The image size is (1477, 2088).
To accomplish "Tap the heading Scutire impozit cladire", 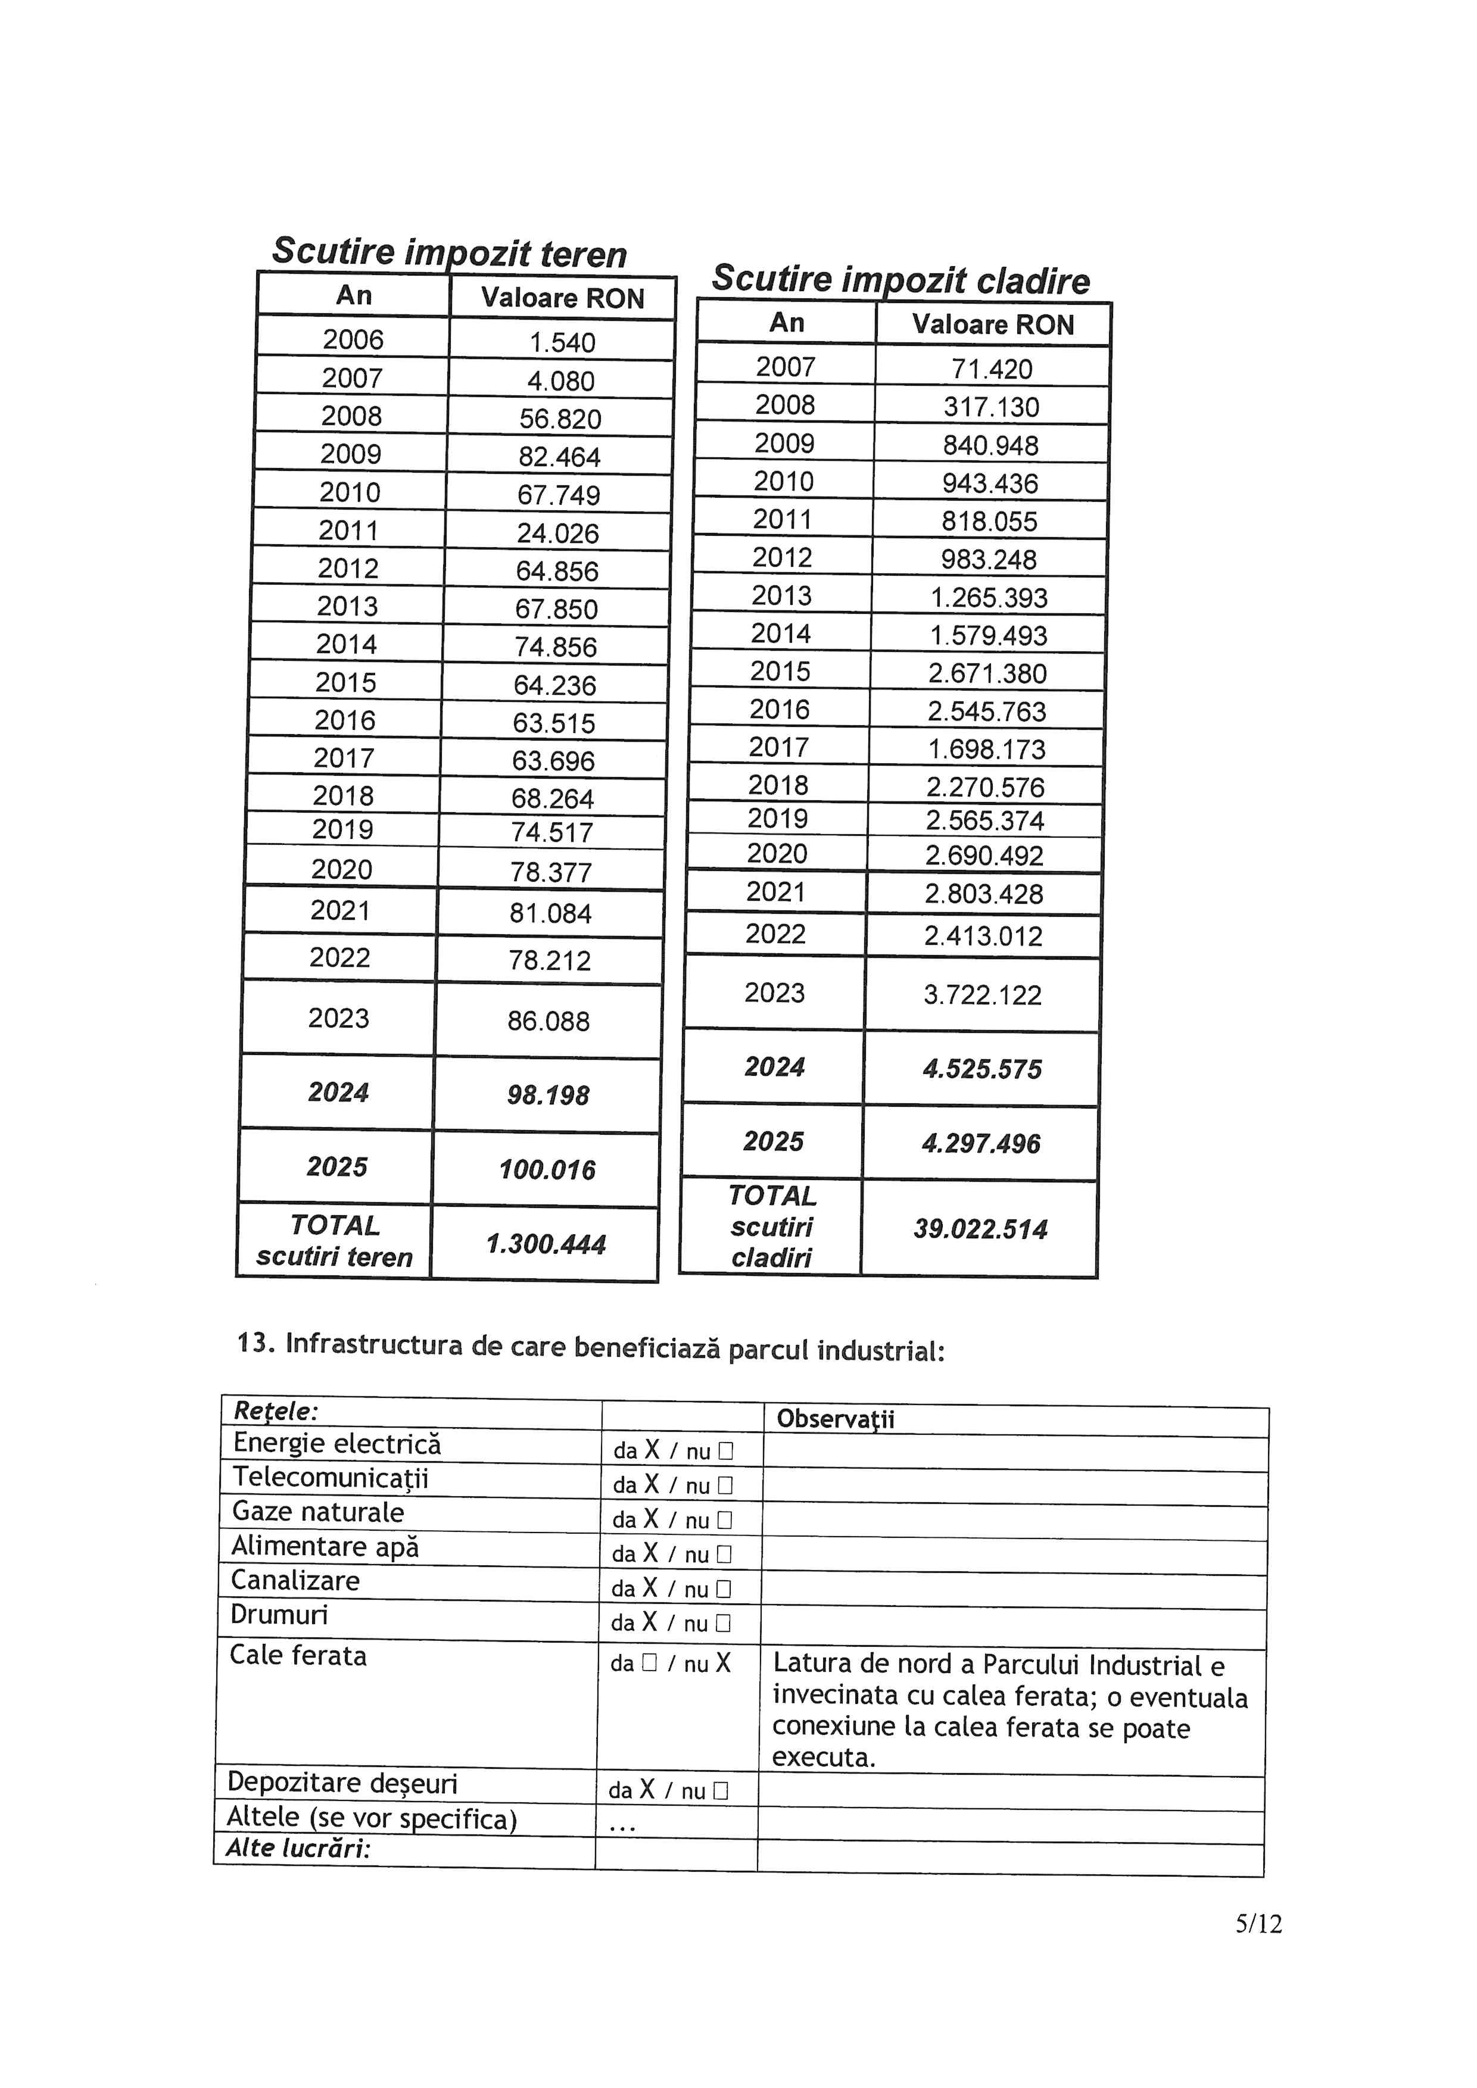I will [900, 279].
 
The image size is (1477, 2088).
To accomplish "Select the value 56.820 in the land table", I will [560, 419].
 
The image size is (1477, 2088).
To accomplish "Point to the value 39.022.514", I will [980, 1229].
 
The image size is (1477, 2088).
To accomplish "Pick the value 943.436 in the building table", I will [989, 483].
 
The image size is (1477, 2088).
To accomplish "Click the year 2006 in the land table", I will [353, 339].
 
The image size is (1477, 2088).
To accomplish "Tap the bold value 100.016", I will [547, 1169].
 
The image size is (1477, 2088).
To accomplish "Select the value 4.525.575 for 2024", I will [982, 1069].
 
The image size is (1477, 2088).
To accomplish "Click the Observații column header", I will [835, 1419].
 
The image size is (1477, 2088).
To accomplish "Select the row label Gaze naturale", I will [317, 1512].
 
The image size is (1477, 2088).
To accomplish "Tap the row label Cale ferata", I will [297, 1654].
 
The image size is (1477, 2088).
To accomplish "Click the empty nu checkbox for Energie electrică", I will [725, 1452].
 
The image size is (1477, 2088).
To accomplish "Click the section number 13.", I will [255, 1342].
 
